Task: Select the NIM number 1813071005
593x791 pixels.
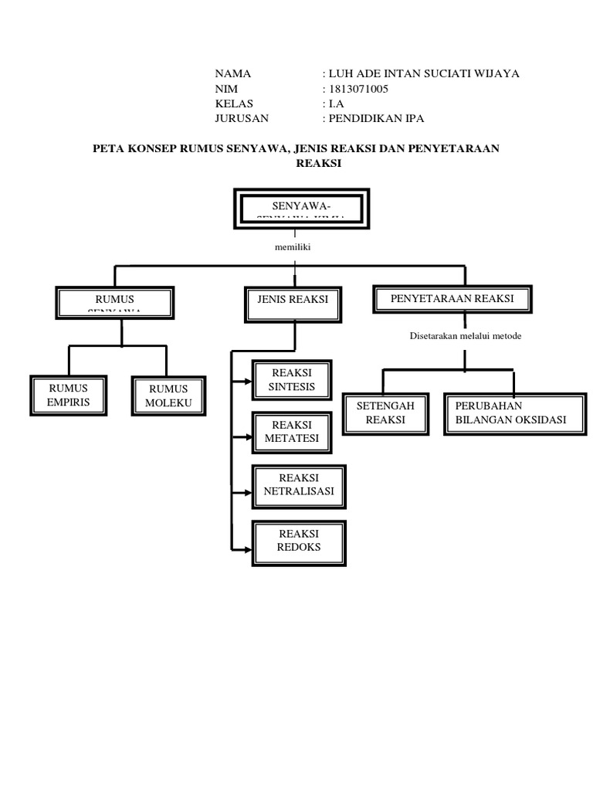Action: (358, 89)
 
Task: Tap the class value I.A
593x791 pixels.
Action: (336, 104)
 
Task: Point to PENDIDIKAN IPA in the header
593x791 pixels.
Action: (376, 118)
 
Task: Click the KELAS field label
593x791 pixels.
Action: (234, 104)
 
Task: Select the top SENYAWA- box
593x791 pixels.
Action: (300, 209)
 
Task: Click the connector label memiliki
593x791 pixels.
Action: (291, 248)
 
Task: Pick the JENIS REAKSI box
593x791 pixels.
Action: (292, 303)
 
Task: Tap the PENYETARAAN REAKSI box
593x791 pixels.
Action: (452, 300)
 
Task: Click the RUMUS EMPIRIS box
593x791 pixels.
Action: (69, 395)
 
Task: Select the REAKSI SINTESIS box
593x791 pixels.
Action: (292, 379)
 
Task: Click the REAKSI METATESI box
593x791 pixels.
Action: (291, 433)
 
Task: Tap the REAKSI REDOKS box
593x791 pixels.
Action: (298, 541)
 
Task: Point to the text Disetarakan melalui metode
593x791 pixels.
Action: (465, 336)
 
